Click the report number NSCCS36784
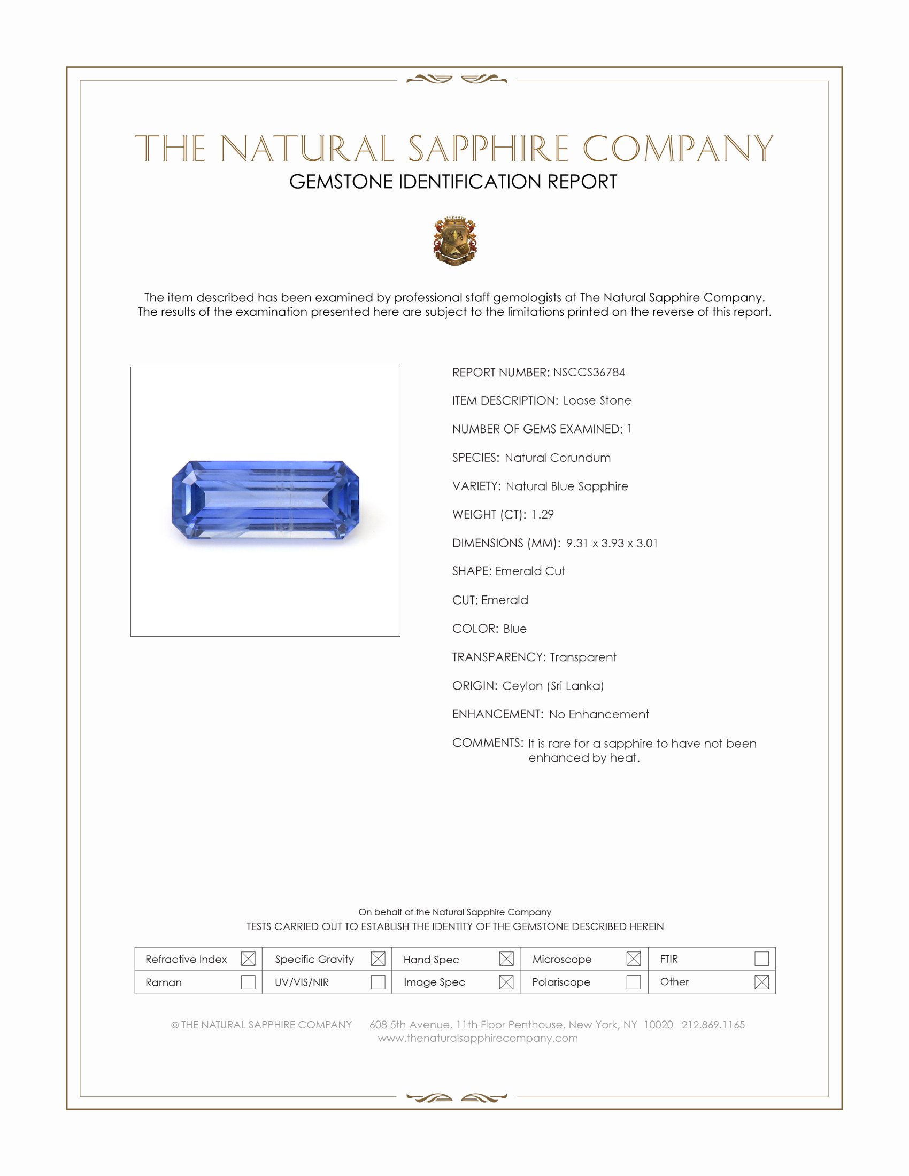(x=589, y=372)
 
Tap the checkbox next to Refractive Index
(x=248, y=959)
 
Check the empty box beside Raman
(x=248, y=982)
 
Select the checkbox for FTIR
(x=761, y=959)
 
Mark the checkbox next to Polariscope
(x=634, y=982)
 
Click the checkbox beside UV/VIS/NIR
(x=378, y=982)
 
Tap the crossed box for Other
(x=761, y=982)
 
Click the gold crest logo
(x=455, y=241)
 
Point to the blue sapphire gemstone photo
(x=265, y=500)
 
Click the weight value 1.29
(x=542, y=514)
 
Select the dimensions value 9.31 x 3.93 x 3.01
(x=612, y=543)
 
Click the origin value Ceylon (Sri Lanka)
(x=553, y=685)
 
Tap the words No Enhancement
(x=599, y=714)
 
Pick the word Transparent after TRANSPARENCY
(x=583, y=657)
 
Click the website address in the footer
(x=477, y=1038)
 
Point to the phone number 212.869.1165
(x=713, y=1025)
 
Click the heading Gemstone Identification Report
(x=453, y=182)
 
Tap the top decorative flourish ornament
(x=457, y=80)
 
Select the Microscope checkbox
(x=634, y=959)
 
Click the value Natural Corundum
(x=557, y=458)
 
